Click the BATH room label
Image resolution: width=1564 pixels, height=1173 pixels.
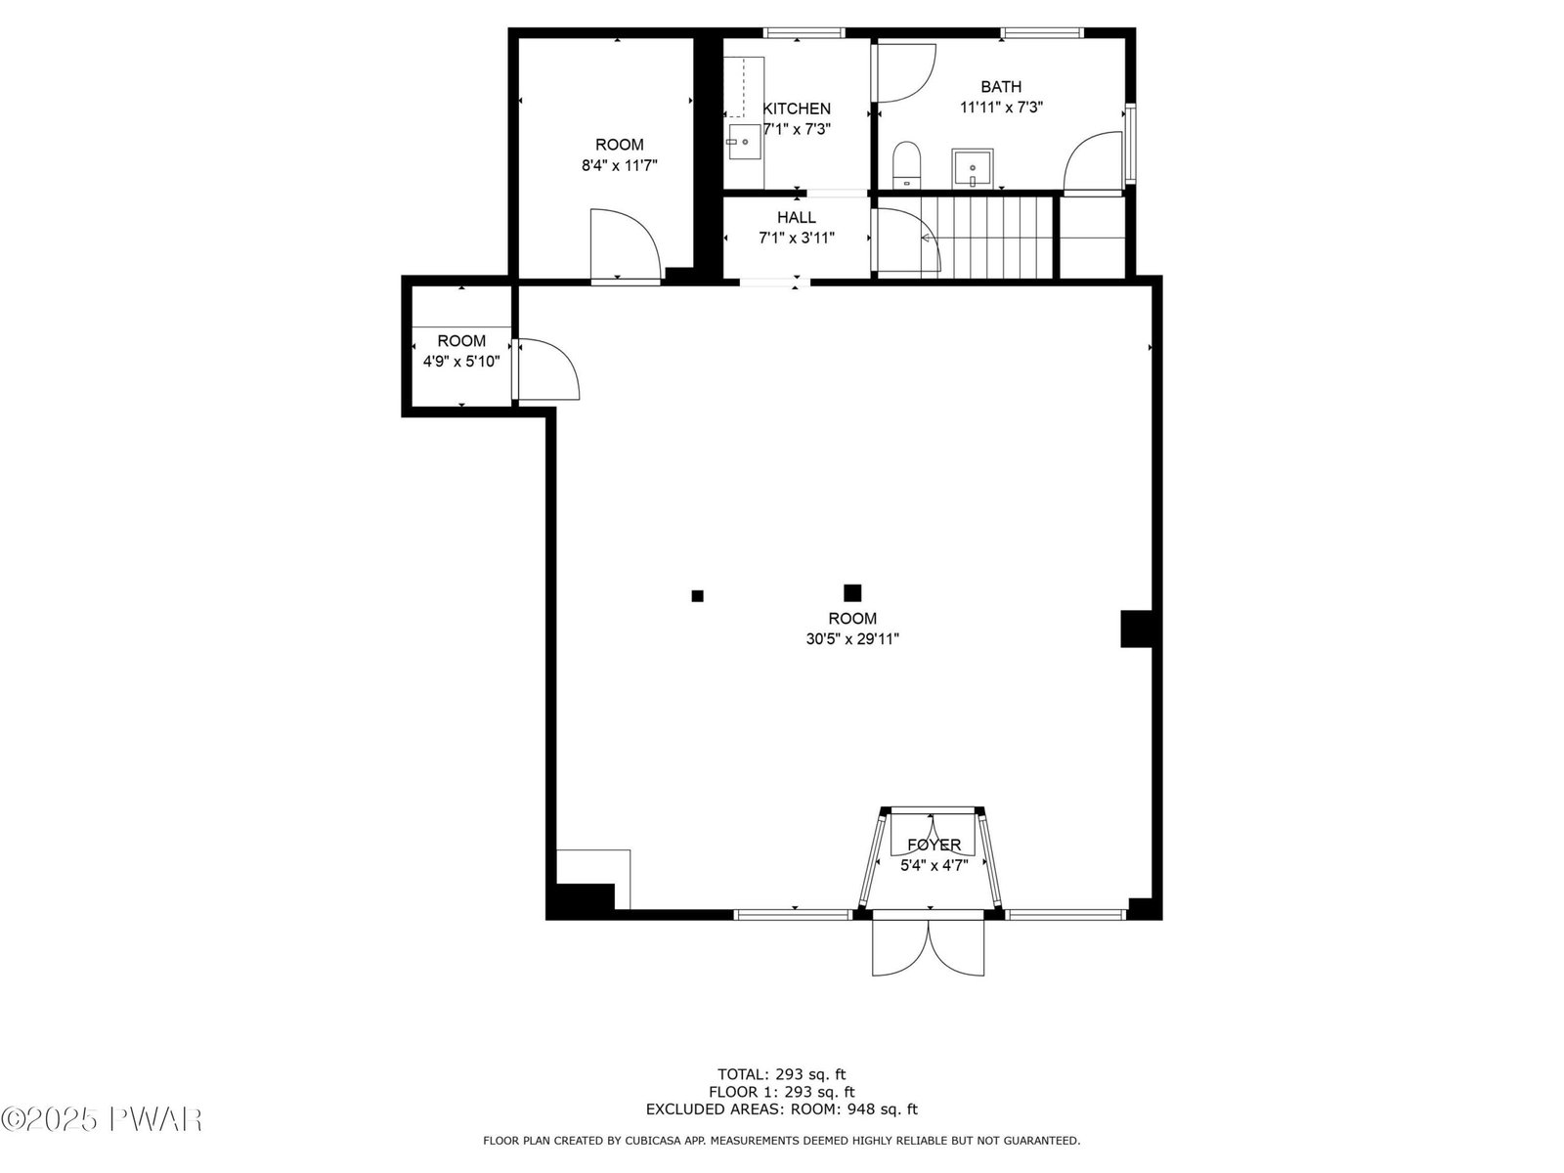pos(1000,86)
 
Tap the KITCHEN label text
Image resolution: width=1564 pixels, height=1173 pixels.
pos(797,109)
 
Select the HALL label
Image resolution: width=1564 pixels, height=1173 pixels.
pos(796,217)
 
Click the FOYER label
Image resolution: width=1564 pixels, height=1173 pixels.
pos(934,845)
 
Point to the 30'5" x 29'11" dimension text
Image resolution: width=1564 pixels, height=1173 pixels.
pos(852,639)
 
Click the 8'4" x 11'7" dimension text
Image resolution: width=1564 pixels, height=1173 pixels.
pos(619,165)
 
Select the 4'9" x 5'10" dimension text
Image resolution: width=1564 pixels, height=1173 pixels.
pos(461,361)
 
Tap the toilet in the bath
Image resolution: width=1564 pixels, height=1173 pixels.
pos(907,165)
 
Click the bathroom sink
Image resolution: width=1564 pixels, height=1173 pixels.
pos(973,169)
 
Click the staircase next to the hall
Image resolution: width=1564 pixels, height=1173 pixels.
pos(987,238)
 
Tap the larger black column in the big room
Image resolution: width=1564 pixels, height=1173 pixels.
pos(852,592)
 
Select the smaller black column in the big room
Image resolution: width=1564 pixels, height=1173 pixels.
pos(698,596)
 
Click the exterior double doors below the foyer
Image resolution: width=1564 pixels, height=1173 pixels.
pos(929,948)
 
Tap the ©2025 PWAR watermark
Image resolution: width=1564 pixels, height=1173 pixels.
pos(102,1119)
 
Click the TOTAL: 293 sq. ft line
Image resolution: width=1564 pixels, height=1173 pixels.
pos(781,1074)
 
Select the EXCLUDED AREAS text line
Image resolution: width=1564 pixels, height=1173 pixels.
pos(782,1108)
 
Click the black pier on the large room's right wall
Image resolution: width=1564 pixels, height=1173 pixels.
pos(1137,629)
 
